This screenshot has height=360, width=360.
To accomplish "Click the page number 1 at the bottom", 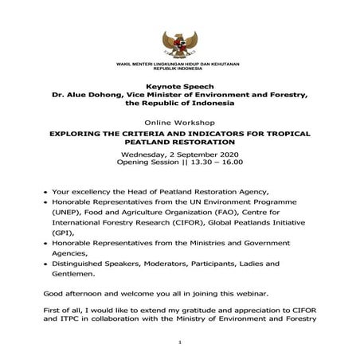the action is click(180, 345).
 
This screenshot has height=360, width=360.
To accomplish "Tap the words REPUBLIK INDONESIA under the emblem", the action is click(179, 68).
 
